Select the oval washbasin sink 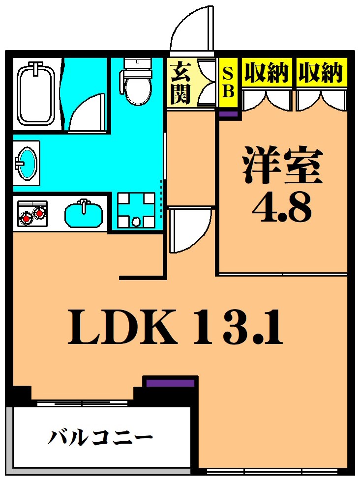(26, 163)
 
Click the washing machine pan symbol (136, 210)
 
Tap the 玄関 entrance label (180, 83)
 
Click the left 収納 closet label (266, 74)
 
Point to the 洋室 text (281, 165)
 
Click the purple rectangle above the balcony (170, 383)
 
